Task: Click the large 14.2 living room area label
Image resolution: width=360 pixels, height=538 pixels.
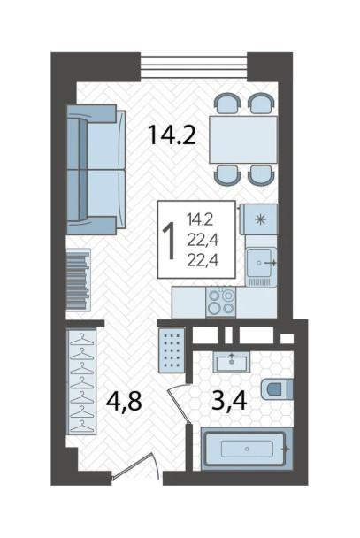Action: (172, 134)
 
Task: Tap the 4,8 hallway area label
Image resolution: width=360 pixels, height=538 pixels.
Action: (124, 401)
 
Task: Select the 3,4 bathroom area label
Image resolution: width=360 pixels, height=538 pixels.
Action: (229, 401)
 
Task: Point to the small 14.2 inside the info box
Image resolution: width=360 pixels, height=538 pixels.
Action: (200, 219)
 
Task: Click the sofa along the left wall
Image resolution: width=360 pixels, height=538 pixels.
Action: (96, 170)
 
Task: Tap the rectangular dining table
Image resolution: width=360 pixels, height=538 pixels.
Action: (243, 140)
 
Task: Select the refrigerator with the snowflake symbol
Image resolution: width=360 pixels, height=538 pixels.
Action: (259, 219)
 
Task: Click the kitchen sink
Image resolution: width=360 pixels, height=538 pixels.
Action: (262, 267)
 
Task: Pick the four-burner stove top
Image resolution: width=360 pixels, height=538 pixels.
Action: (220, 302)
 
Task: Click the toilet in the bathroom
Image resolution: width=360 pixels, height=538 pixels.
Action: (277, 389)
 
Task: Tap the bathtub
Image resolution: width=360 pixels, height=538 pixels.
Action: (247, 449)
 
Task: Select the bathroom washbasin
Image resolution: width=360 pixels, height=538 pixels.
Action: (232, 362)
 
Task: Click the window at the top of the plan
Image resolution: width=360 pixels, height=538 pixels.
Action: (194, 66)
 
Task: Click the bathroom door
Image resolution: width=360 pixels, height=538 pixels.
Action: (180, 403)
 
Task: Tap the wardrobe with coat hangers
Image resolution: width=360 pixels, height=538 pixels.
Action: (82, 381)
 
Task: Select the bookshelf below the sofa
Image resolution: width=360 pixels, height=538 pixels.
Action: (79, 280)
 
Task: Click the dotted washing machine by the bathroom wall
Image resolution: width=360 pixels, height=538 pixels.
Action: (172, 350)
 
